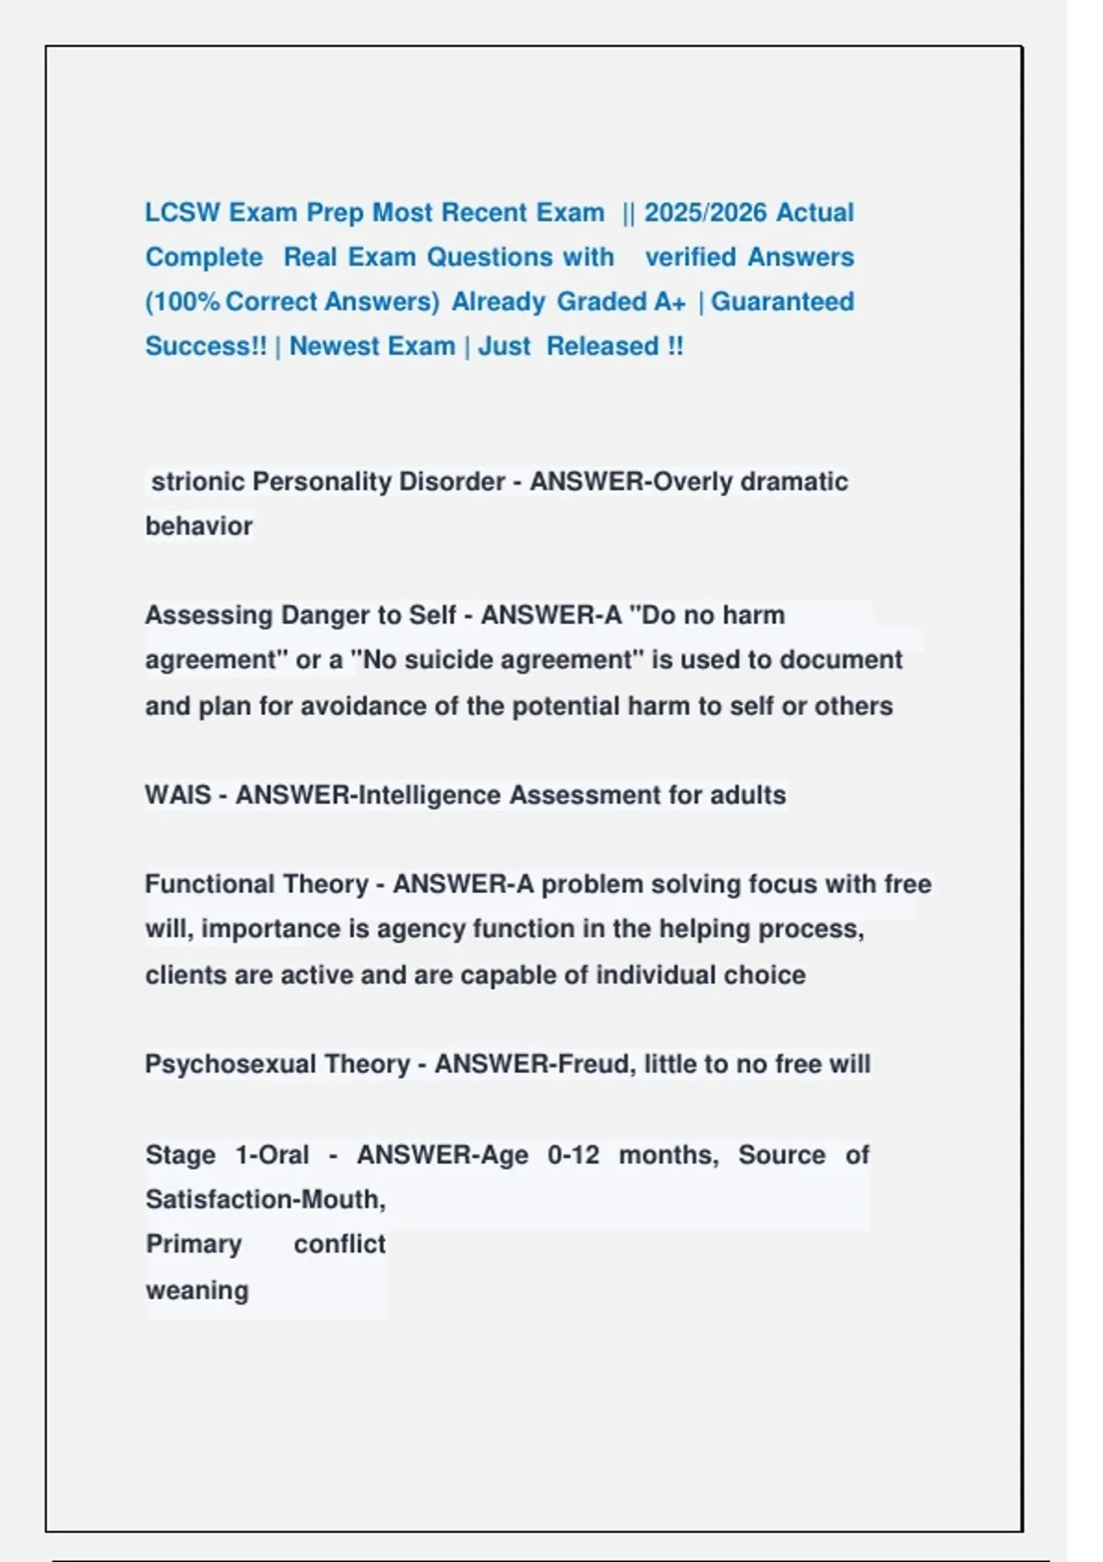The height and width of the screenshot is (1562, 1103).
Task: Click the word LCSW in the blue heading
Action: tap(182, 212)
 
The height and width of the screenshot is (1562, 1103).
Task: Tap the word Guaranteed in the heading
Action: tap(783, 301)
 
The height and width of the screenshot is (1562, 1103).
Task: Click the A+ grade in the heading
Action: tap(670, 301)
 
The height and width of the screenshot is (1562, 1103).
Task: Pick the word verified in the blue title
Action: tap(690, 257)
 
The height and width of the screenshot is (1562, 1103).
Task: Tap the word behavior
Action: tap(199, 526)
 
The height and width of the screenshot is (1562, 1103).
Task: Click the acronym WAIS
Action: tap(177, 795)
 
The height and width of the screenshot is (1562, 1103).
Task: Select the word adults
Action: tap(747, 795)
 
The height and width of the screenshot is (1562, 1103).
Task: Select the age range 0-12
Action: tap(574, 1154)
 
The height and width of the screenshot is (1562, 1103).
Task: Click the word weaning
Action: tap(197, 1290)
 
